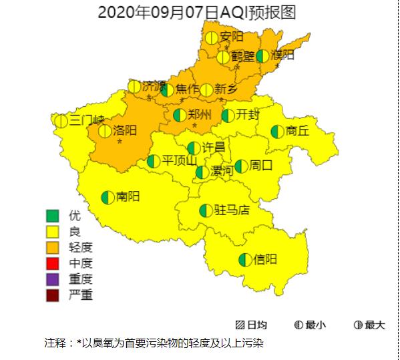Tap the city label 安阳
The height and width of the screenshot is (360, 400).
232,37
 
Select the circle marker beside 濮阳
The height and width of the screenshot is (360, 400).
263,55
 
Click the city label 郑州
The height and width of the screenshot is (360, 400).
200,114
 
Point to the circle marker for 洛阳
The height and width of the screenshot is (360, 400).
105,131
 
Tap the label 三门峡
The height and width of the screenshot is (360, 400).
87,120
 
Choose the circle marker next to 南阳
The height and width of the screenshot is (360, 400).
108,197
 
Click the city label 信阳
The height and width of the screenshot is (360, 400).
265,259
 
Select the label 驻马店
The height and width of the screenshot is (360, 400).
232,210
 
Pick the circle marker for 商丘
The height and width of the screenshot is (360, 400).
276,132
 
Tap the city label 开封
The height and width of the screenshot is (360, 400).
248,114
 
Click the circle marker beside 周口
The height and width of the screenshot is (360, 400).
241,166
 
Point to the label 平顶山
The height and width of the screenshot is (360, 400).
180,160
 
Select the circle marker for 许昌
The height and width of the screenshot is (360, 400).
194,148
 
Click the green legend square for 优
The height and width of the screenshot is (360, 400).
53,216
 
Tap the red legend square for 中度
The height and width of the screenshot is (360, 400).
53,263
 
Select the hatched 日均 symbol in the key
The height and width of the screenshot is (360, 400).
240,325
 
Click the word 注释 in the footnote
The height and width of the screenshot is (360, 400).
56,343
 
